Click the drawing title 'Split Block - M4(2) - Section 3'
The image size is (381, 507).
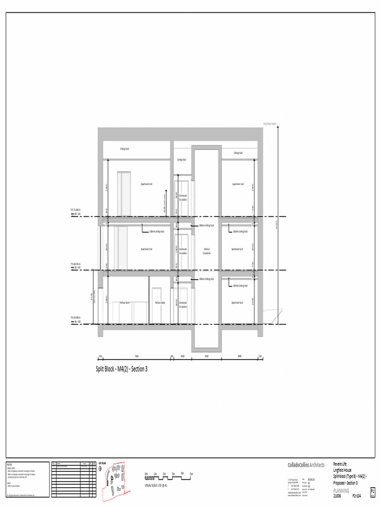tap(122, 369)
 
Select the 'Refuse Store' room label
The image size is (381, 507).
tap(125, 303)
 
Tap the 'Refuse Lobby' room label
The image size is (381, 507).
tap(160, 303)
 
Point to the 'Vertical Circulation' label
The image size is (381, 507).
tap(207, 251)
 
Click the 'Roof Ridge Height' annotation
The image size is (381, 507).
tap(269, 124)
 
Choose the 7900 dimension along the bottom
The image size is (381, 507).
tap(136, 356)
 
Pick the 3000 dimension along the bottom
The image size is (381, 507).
tap(206, 356)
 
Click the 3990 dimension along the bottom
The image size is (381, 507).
tap(239, 356)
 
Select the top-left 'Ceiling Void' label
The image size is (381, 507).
tap(125, 149)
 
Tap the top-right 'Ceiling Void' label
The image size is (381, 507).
tap(238, 153)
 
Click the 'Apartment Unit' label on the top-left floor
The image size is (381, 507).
tap(146, 184)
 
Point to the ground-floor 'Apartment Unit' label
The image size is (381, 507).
tap(237, 303)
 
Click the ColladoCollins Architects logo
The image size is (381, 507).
tap(306, 465)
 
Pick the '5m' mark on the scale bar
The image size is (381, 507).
tap(191, 474)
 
